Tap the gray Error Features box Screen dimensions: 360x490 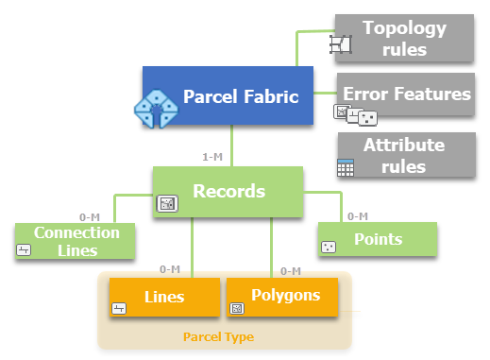(406, 94)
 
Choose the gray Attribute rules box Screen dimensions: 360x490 (406, 154)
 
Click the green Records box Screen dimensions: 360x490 (228, 191)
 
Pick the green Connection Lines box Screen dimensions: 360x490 (76, 241)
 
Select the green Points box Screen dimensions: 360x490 (378, 240)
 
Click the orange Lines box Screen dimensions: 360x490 (164, 297)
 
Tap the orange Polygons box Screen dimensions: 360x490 (282, 297)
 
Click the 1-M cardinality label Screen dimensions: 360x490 (212, 156)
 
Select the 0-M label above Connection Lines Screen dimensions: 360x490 (90, 217)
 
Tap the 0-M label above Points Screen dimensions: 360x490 (357, 216)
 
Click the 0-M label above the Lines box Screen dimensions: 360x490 (170, 270)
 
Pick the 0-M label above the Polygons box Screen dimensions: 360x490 (290, 270)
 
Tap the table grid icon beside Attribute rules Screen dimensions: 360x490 (346, 168)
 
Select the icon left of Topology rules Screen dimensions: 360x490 (340, 43)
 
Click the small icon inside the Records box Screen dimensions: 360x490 (167, 203)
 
